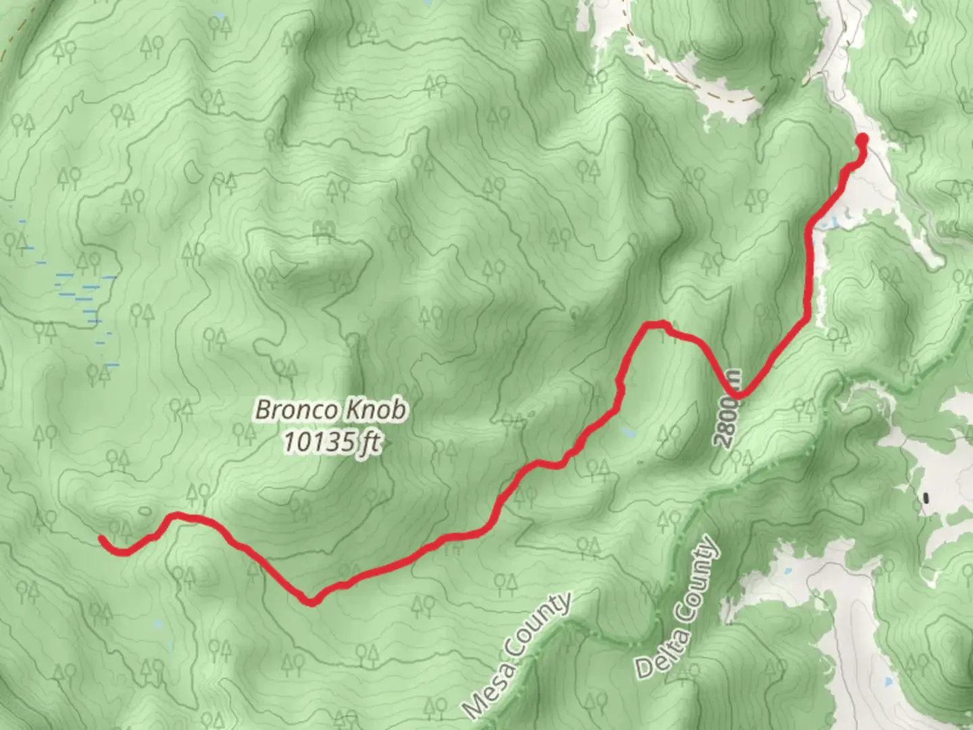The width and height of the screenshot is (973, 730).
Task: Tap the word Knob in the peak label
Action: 376,410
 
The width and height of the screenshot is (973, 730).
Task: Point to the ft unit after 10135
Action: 370,443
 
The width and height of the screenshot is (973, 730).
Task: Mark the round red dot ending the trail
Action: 862,140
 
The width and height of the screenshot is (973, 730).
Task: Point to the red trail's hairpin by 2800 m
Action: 737,395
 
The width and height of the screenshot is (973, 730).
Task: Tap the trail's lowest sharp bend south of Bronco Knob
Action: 310,601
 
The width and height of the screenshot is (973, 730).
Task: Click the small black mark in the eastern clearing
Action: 926,498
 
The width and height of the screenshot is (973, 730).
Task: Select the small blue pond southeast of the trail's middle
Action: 629,431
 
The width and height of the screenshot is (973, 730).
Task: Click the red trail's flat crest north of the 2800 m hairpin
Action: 654,325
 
